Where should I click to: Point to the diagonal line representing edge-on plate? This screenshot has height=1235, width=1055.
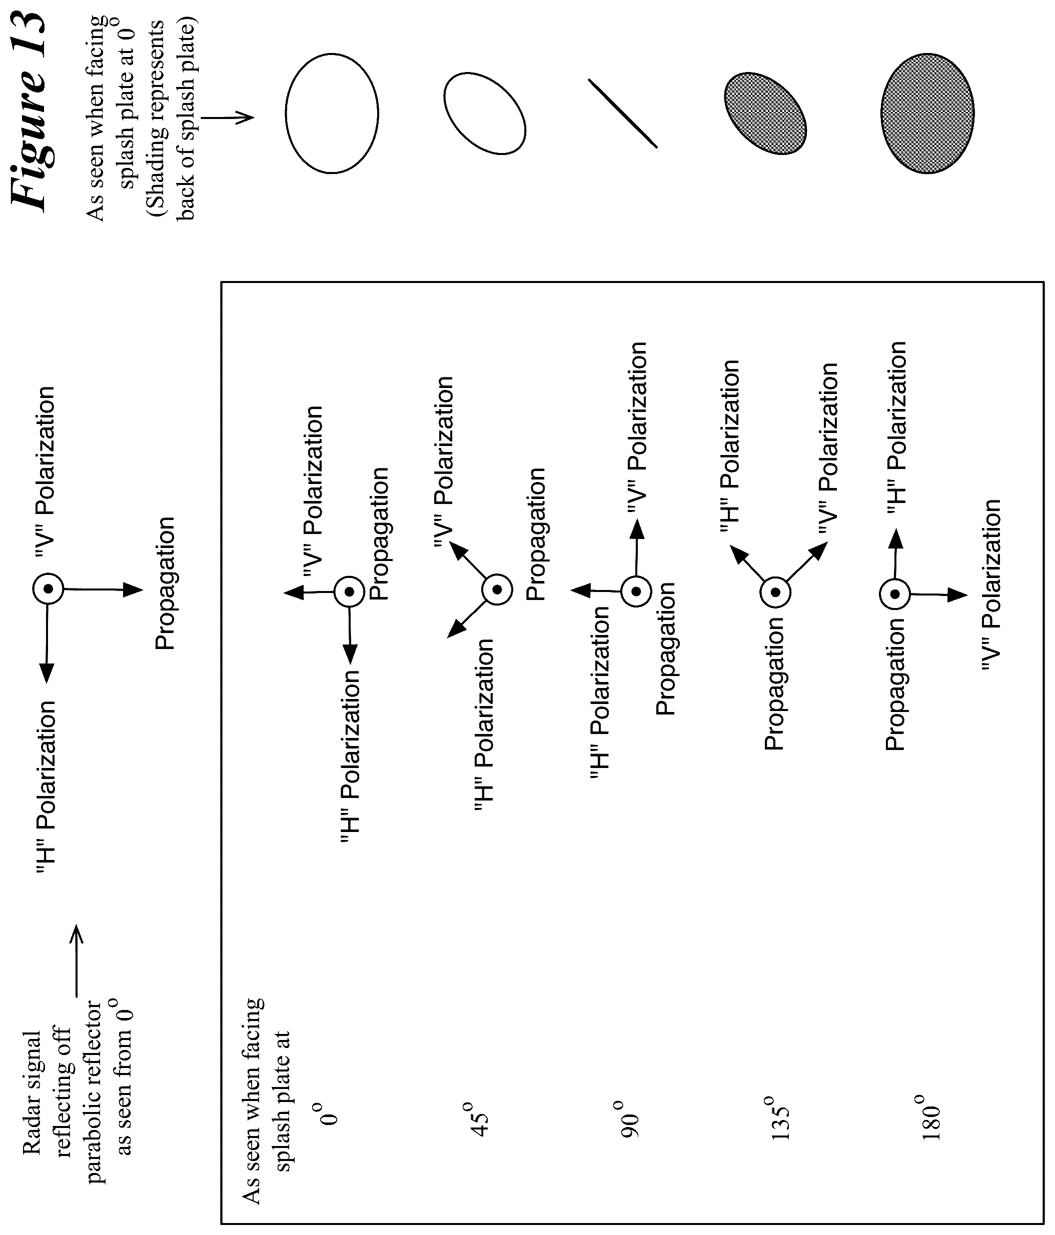click(x=623, y=113)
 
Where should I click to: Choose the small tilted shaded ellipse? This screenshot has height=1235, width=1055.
click(x=766, y=113)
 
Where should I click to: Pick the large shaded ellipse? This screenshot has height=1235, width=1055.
click(x=927, y=113)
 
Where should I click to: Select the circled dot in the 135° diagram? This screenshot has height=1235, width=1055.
click(x=775, y=592)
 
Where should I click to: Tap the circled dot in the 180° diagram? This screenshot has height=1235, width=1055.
click(x=894, y=593)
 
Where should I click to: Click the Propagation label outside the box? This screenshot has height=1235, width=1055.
click(x=165, y=583)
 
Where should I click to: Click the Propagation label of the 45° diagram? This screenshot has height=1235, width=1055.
click(x=537, y=534)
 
